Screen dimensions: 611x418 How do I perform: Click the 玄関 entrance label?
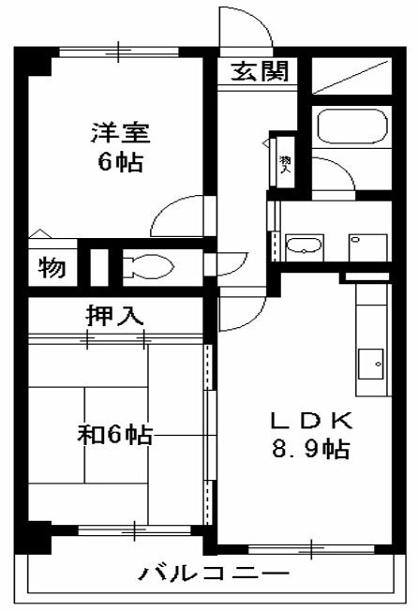pos(254,71)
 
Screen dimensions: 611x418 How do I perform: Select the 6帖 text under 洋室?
pos(120,162)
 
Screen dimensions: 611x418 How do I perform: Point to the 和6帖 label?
pos(114,435)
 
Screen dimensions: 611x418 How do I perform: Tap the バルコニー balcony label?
pos(208,573)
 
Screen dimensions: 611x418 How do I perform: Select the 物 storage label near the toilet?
pos(52,268)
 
